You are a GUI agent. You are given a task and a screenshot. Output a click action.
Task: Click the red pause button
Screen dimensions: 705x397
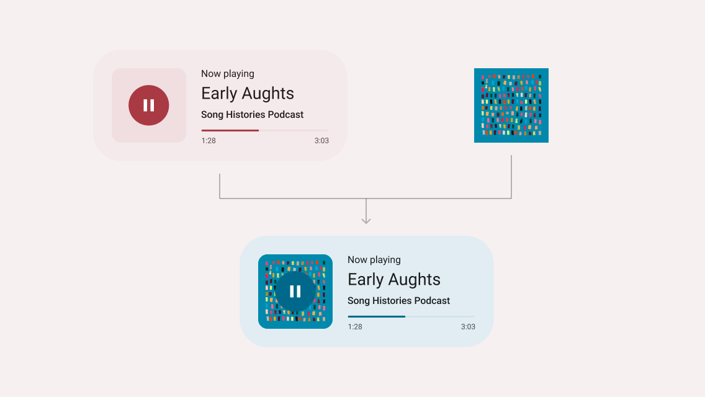(x=149, y=105)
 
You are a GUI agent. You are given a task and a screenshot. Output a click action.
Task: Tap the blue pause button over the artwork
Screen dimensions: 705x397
(x=295, y=292)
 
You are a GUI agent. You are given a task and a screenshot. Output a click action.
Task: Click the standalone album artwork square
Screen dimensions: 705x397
(x=511, y=105)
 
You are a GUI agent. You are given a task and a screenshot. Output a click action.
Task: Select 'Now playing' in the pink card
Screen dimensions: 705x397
(x=228, y=74)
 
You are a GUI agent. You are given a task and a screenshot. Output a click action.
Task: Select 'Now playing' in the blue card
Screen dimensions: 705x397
(x=374, y=260)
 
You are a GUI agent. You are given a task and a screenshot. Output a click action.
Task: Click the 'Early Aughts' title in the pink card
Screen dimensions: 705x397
(x=247, y=94)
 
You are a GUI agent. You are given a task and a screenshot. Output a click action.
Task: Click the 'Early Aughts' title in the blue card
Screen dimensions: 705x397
(x=394, y=280)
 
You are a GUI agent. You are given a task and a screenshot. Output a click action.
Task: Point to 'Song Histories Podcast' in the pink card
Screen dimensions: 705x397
(x=252, y=115)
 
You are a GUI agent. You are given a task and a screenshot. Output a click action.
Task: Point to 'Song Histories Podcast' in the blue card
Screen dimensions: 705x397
(x=399, y=301)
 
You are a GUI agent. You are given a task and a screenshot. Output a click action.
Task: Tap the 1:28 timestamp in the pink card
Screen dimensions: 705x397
(x=209, y=141)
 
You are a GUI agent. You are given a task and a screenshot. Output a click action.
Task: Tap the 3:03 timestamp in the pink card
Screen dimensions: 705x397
(x=321, y=141)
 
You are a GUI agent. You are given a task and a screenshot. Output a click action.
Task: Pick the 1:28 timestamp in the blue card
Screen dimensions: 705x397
(x=355, y=327)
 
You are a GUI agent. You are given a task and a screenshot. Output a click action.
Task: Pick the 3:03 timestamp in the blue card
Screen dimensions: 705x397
(x=468, y=327)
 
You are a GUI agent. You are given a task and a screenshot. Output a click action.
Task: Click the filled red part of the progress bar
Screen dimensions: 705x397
(x=230, y=130)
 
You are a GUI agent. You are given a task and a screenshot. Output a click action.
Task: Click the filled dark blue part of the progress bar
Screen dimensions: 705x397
(x=377, y=316)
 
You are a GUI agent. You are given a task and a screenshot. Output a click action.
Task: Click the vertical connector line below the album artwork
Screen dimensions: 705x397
(x=511, y=177)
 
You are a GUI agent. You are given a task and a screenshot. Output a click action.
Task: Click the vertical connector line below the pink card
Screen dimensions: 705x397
(x=220, y=186)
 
